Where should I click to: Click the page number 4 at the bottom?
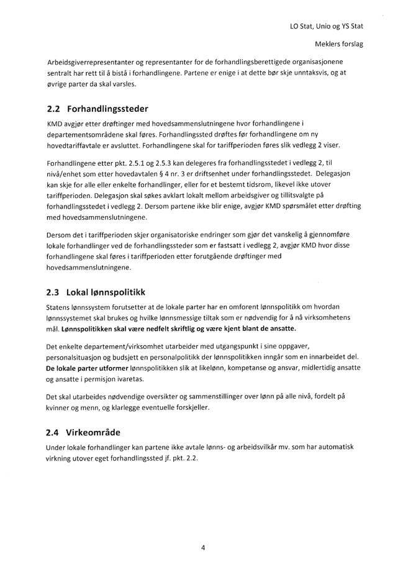[x=203, y=547]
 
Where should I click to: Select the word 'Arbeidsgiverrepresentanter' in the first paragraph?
[x=91, y=63]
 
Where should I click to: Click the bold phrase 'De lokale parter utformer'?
[x=86, y=368]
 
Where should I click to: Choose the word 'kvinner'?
[x=60, y=407]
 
